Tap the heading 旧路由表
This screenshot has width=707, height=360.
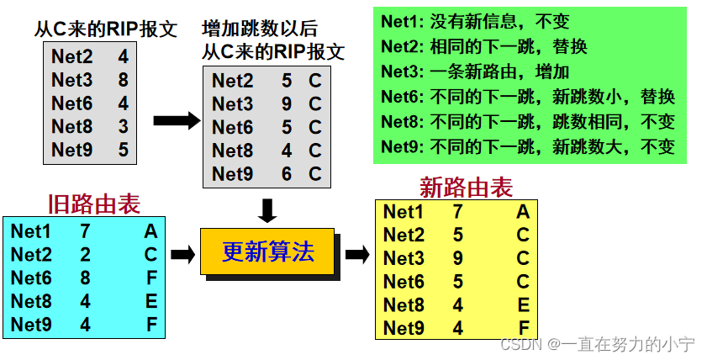point(94,204)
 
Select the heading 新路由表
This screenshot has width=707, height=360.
point(466,187)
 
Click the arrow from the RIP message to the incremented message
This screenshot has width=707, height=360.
point(177,120)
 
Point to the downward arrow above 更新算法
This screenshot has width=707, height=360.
point(267,210)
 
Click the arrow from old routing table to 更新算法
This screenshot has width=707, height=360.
point(182,253)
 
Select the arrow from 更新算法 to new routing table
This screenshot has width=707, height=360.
point(357,253)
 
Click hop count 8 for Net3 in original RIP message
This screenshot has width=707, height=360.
point(124,82)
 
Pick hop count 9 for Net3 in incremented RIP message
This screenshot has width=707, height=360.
point(286,104)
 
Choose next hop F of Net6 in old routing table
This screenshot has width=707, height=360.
point(150,278)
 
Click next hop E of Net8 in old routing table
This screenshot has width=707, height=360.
point(150,301)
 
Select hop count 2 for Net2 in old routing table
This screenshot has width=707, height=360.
point(85,254)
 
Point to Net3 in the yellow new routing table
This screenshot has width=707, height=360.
point(404,258)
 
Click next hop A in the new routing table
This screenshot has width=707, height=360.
point(523,213)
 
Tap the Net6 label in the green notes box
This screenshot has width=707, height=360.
point(402,97)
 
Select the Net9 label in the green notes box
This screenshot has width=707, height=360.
point(402,146)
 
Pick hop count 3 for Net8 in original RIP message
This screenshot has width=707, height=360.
point(124,128)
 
